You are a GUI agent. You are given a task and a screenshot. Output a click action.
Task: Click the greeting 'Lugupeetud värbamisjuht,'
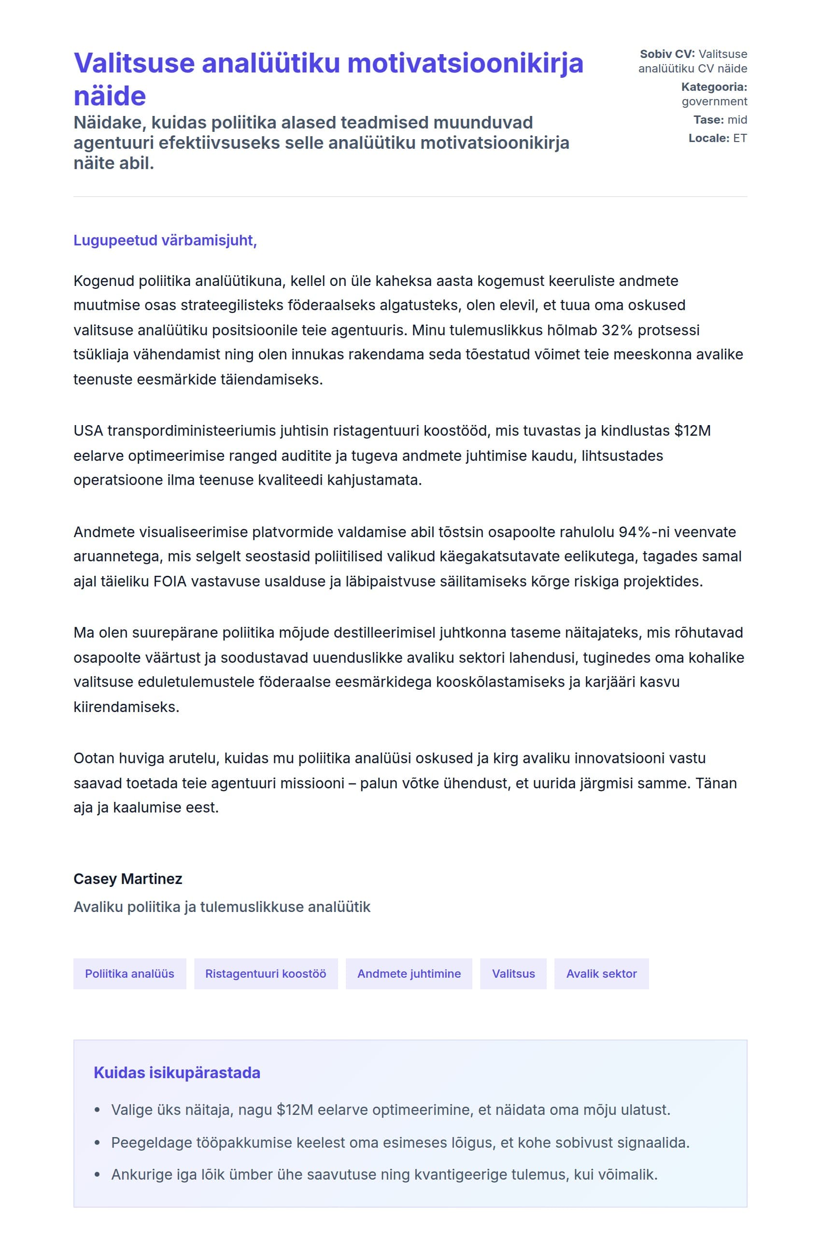click(x=165, y=240)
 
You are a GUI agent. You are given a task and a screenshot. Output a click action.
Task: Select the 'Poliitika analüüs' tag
click(x=129, y=974)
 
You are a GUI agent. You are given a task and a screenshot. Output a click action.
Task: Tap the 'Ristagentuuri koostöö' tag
click(x=266, y=974)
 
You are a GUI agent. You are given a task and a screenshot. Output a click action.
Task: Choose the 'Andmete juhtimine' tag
click(x=409, y=974)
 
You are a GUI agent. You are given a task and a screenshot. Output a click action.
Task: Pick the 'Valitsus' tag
click(x=513, y=974)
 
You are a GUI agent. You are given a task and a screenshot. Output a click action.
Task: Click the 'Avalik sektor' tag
click(x=601, y=974)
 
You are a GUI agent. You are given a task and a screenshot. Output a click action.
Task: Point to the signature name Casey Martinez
click(x=128, y=879)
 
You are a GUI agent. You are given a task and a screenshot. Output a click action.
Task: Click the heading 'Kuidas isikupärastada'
click(x=177, y=1073)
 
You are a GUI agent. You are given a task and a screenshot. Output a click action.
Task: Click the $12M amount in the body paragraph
click(x=692, y=431)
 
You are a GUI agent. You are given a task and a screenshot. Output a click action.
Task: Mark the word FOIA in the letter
click(x=170, y=582)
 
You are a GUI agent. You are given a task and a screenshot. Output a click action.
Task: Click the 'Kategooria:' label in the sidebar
click(x=714, y=87)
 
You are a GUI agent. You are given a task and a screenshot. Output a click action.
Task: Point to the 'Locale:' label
click(x=708, y=138)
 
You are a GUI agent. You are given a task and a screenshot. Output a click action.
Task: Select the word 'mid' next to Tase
click(x=737, y=120)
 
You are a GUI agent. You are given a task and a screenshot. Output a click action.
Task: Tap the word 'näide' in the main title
click(x=110, y=97)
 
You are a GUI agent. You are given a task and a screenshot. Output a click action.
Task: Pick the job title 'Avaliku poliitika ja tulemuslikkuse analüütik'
click(x=222, y=907)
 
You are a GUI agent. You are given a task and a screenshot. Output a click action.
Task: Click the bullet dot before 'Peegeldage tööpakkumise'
click(x=97, y=1143)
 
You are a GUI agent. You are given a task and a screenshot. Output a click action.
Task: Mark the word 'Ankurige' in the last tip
click(x=134, y=1175)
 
